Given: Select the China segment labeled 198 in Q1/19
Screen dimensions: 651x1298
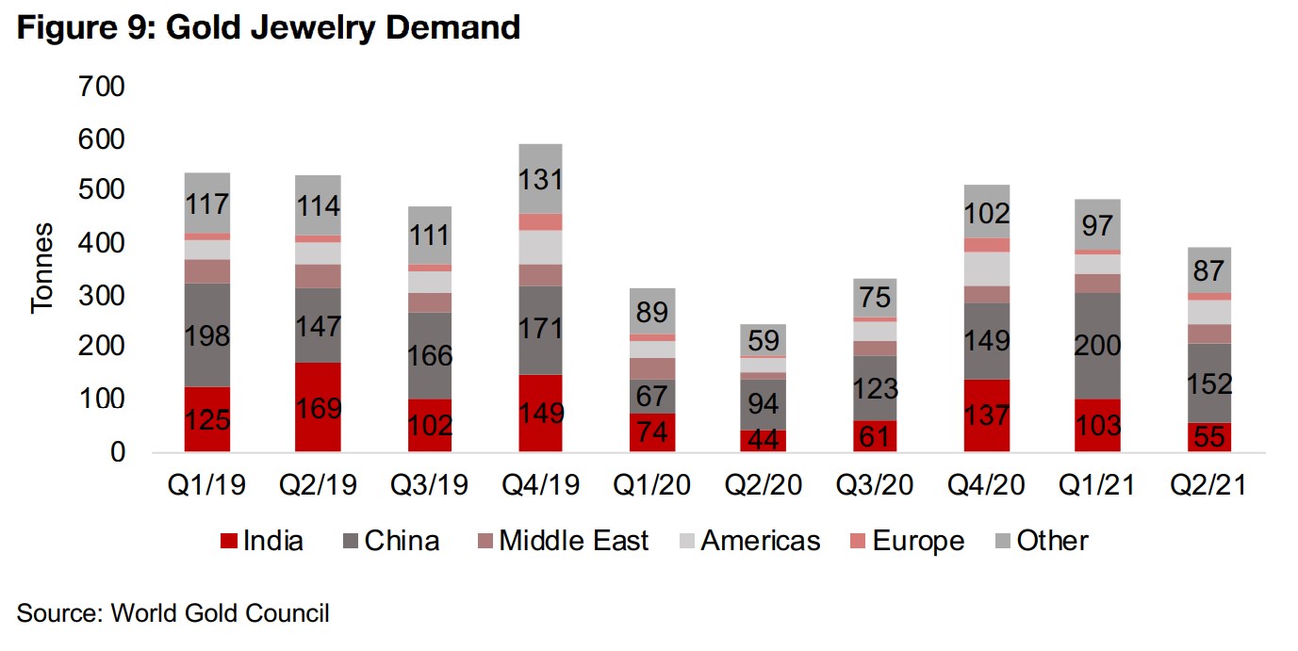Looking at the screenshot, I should (x=207, y=335).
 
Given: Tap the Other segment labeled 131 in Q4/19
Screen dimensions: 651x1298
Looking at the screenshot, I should (x=540, y=179).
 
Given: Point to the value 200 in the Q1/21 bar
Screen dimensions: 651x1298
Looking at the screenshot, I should (x=1098, y=346).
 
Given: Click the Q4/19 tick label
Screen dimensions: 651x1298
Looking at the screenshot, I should (x=540, y=485).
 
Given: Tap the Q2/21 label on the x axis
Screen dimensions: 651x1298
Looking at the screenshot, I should (x=1209, y=485).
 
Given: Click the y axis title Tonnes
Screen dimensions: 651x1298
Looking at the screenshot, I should (x=44, y=269).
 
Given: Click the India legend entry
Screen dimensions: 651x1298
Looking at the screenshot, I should (x=262, y=541).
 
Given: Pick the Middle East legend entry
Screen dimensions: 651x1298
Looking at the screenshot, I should (x=563, y=541).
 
